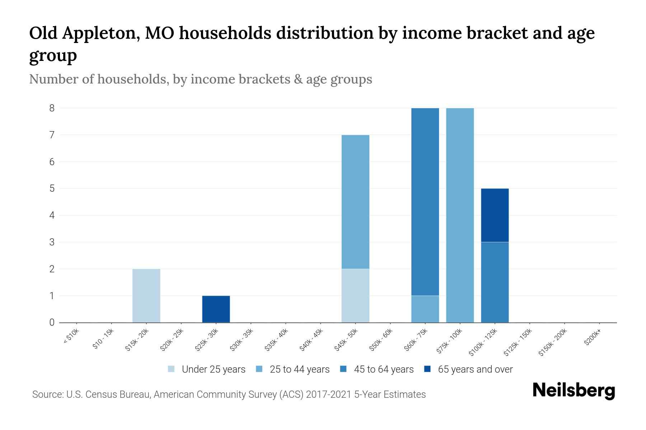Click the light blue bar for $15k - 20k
146,296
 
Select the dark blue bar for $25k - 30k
216,309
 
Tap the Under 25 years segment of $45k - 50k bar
355,296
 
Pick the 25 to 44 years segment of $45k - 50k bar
355,202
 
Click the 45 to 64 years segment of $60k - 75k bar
425,202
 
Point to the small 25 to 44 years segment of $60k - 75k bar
425,309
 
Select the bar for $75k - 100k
460,215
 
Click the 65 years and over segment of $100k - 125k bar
495,215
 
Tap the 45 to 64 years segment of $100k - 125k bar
495,282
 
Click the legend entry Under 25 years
213,369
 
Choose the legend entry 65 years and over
475,369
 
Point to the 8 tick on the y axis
52,108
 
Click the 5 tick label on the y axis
52,188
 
